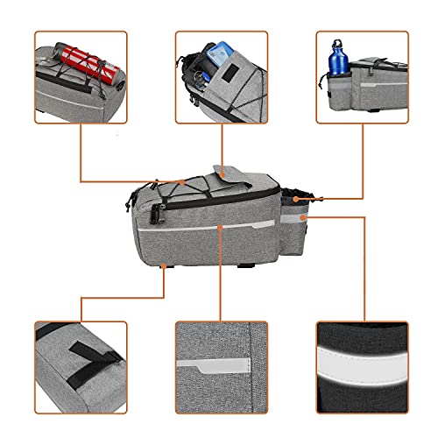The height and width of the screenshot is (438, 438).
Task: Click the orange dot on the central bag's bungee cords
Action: coord(182,182)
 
